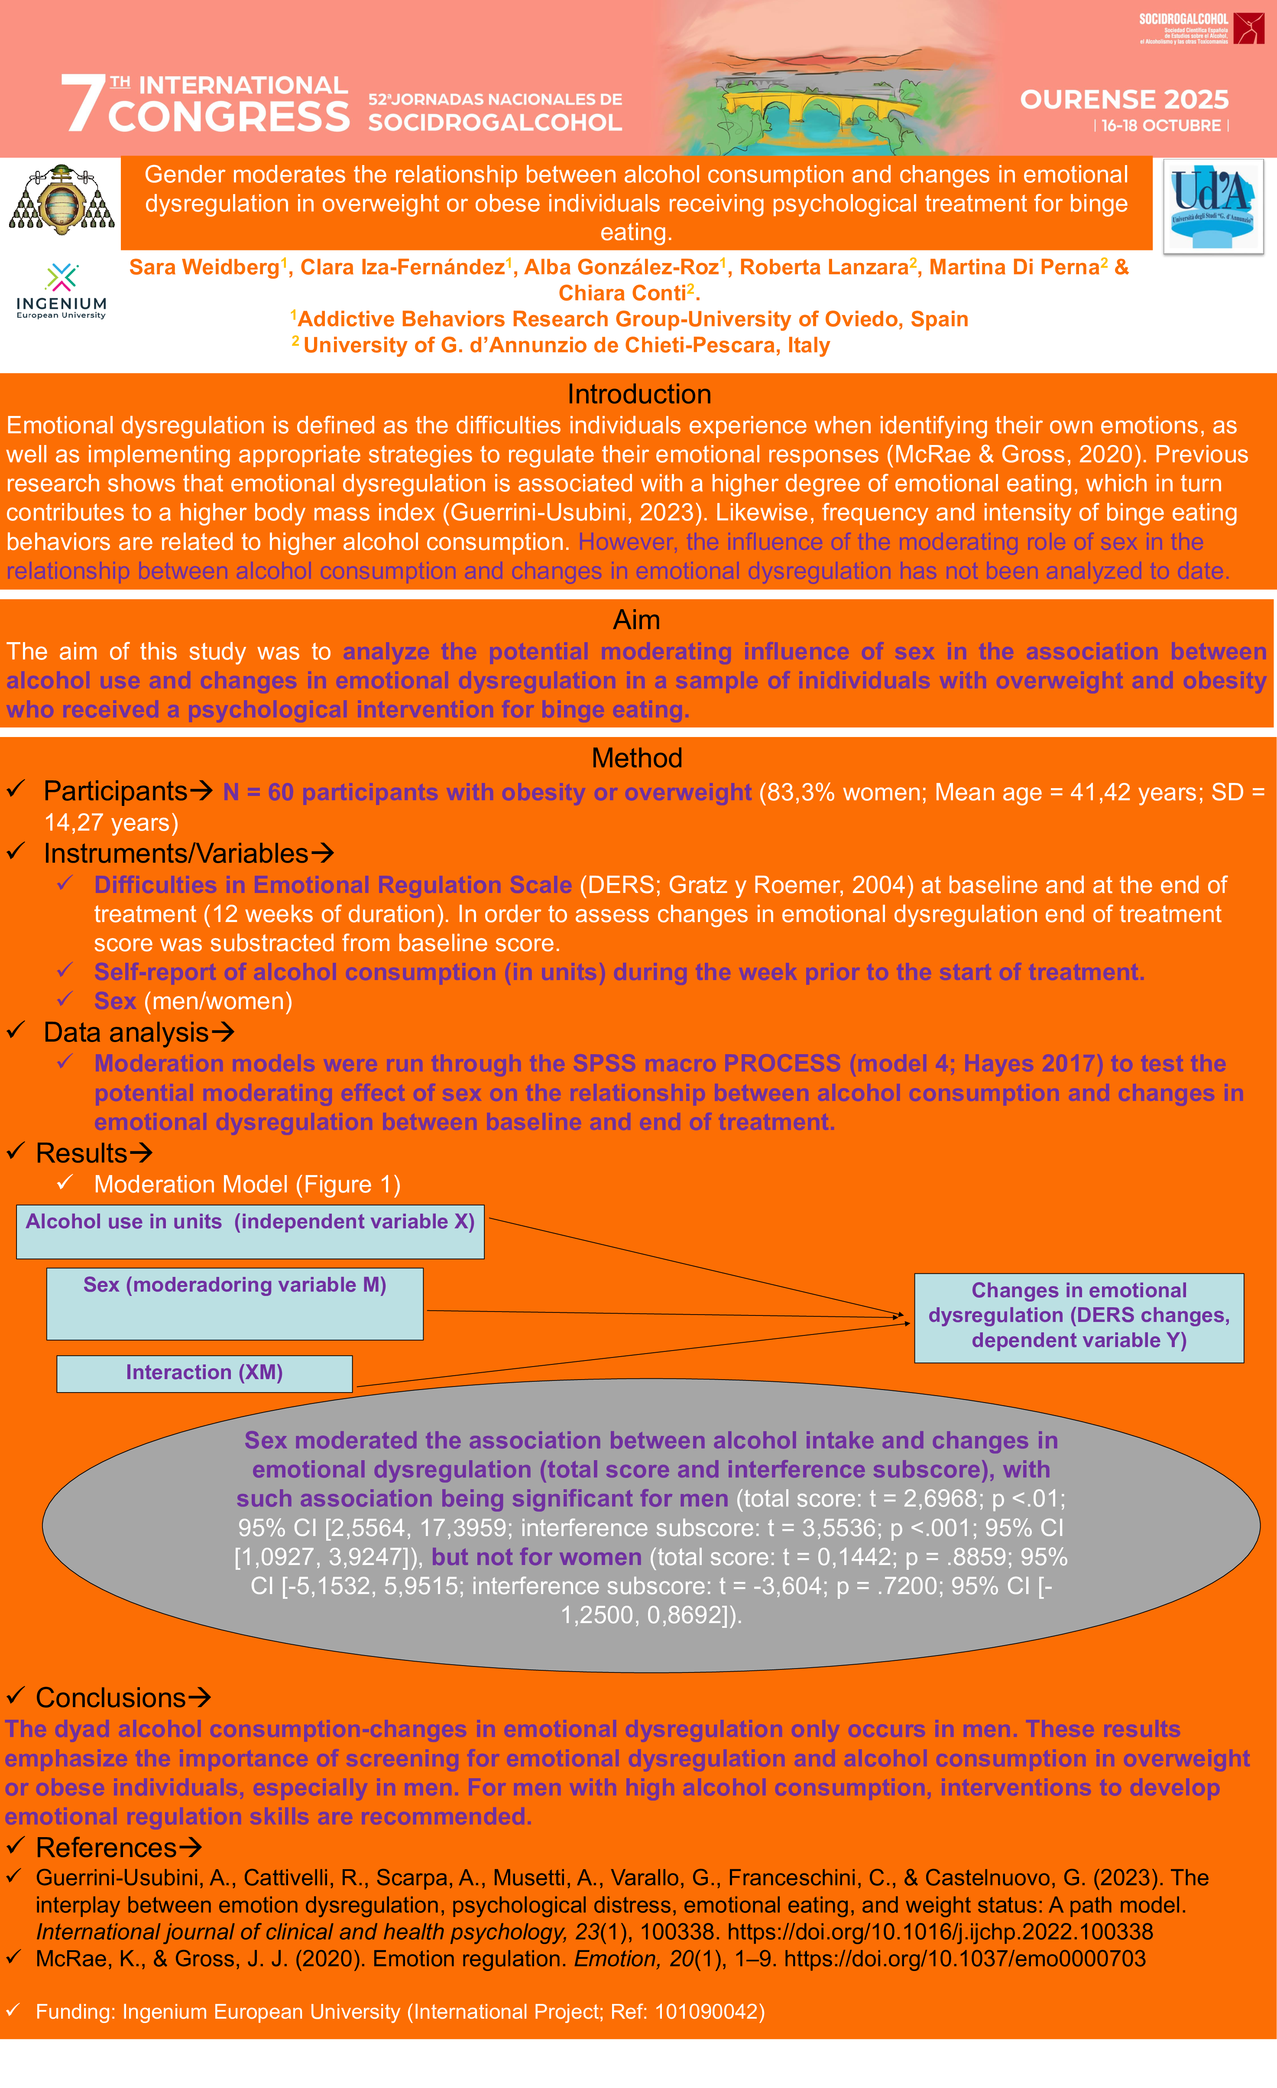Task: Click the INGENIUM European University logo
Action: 61,291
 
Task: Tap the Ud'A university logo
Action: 1212,206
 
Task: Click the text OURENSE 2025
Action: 1124,100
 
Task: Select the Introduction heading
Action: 639,394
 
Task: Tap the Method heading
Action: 636,757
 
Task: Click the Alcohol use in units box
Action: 250,1231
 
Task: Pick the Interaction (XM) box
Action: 204,1373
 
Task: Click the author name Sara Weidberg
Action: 203,268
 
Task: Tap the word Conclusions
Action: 110,1698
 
